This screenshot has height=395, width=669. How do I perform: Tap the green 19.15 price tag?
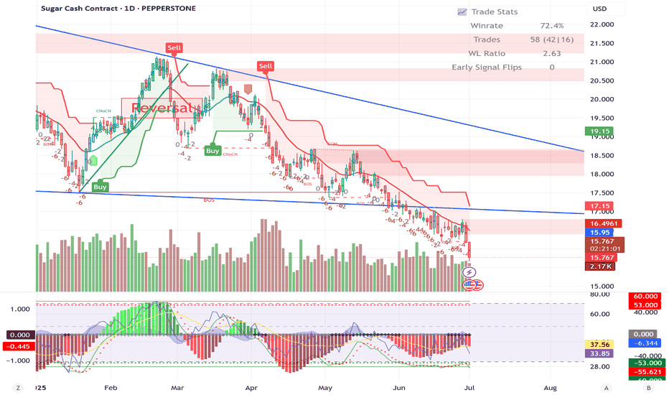(x=599, y=131)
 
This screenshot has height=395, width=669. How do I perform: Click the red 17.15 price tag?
(x=599, y=206)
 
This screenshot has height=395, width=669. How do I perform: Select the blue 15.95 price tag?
(x=599, y=233)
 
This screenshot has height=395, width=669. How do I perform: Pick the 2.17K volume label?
(x=599, y=266)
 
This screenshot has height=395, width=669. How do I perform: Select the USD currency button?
(x=599, y=9)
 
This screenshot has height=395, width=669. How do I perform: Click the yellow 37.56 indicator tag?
(x=598, y=344)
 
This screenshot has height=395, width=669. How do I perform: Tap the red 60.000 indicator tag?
(x=643, y=297)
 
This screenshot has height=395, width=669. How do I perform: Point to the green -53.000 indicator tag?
(x=643, y=363)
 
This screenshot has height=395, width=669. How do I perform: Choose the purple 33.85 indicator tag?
(x=598, y=353)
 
